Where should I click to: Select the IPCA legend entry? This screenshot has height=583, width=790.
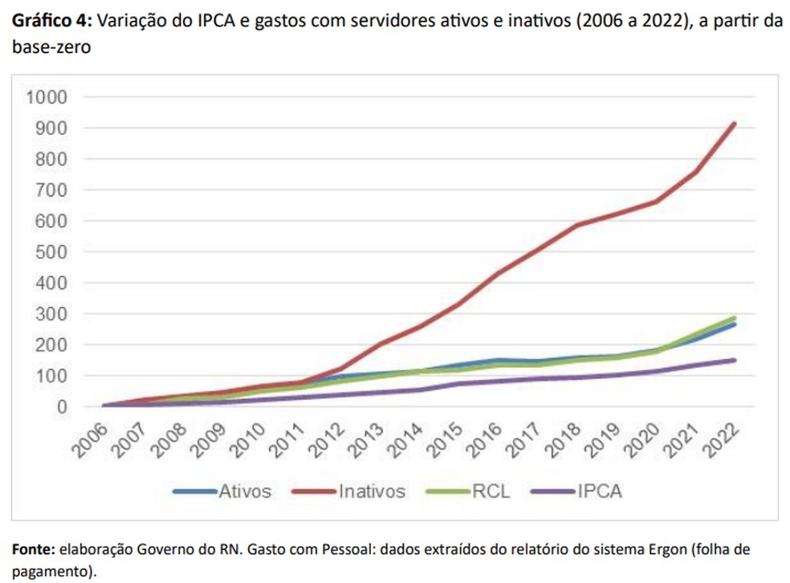[599, 491]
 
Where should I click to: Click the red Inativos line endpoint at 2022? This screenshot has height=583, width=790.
[733, 124]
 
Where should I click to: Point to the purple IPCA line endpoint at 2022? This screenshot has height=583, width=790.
[733, 360]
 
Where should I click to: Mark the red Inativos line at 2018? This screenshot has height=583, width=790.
[576, 226]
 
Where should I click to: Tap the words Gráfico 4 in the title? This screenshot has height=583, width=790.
[51, 20]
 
